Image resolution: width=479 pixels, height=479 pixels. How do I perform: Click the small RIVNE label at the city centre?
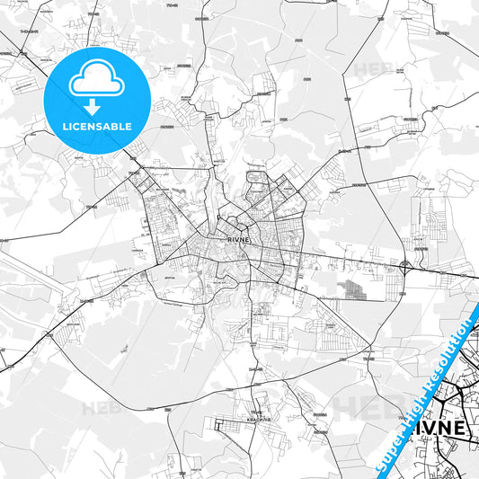coord(239,240)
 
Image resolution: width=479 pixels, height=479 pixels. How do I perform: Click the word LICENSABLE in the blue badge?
coord(96,126)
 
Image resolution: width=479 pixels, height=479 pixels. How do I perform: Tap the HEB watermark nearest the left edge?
coord(101,407)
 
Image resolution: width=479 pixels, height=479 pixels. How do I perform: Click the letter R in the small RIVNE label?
coord(230,240)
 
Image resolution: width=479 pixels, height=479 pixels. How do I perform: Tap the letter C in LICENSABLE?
coord(79,126)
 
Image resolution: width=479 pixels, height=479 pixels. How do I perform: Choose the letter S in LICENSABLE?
coord(101,126)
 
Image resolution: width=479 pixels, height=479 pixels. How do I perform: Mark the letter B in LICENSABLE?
coord(115,126)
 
